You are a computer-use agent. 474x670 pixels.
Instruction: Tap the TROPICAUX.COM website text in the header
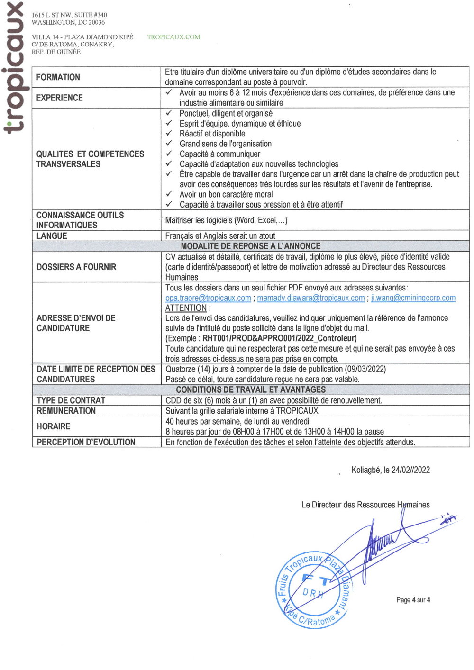pos(173,37)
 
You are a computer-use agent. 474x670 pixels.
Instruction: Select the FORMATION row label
pos(58,77)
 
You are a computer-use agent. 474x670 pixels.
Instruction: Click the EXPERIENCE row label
pos(60,98)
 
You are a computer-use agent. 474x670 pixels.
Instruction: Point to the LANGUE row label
pos(52,235)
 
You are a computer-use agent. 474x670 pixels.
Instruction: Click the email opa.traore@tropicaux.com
pos(208,298)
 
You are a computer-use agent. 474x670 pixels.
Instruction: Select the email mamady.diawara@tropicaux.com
pos(311,298)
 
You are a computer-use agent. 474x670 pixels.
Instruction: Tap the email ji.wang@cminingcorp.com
pos(413,298)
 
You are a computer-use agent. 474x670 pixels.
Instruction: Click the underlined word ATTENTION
pos(186,308)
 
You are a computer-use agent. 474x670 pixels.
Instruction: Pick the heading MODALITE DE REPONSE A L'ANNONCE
pos(251,246)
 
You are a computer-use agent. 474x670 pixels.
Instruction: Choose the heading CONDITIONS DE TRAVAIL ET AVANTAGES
pos(251,389)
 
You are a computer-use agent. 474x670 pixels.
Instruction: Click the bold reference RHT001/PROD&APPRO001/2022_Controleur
pos(279,338)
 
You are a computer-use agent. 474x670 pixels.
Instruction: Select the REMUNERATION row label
pos(66,411)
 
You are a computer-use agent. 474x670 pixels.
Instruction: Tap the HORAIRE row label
pos(54,426)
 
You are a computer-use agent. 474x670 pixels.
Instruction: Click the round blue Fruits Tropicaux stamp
pos(313,590)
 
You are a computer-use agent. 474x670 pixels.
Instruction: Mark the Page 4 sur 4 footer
pos(413,600)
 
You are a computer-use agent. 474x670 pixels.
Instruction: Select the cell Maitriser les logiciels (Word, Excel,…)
pos(226,220)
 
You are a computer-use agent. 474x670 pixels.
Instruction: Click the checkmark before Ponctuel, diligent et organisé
pos(169,113)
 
